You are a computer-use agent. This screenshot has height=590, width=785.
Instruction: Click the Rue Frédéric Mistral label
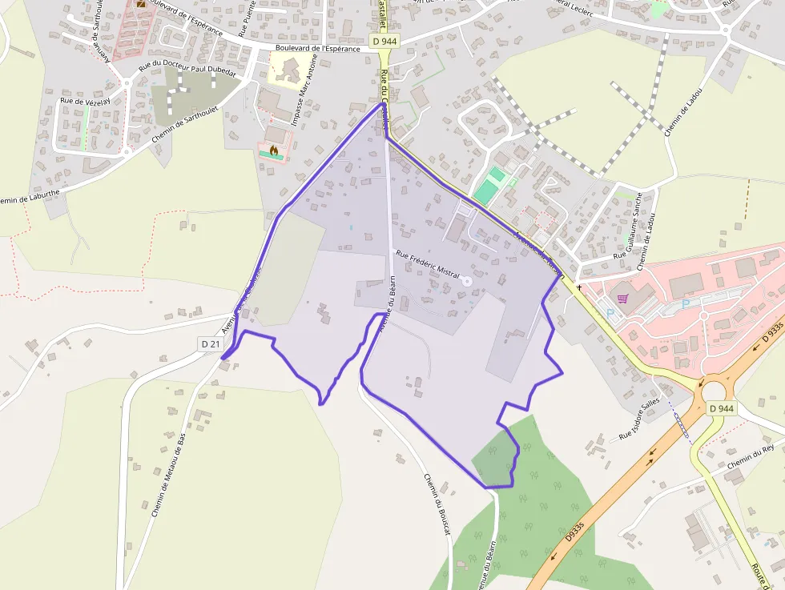pyautogui.click(x=428, y=265)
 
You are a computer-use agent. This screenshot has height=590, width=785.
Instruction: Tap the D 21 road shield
pyautogui.click(x=210, y=343)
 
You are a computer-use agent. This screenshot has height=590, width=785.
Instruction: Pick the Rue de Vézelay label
pyautogui.click(x=84, y=101)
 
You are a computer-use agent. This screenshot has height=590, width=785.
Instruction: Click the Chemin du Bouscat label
pyautogui.click(x=437, y=504)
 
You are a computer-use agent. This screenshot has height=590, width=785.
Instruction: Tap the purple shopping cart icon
pyautogui.click(x=623, y=299)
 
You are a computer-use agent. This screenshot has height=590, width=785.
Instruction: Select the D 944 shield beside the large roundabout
pyautogui.click(x=721, y=408)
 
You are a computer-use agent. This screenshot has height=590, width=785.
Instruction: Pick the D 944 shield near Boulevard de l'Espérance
pyautogui.click(x=384, y=40)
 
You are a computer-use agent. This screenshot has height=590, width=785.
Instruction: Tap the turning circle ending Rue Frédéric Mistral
pyautogui.click(x=467, y=281)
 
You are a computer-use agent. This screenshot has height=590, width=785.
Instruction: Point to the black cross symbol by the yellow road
pyautogui.click(x=578, y=287)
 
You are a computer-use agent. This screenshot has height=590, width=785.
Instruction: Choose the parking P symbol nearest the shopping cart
pyautogui.click(x=610, y=313)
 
